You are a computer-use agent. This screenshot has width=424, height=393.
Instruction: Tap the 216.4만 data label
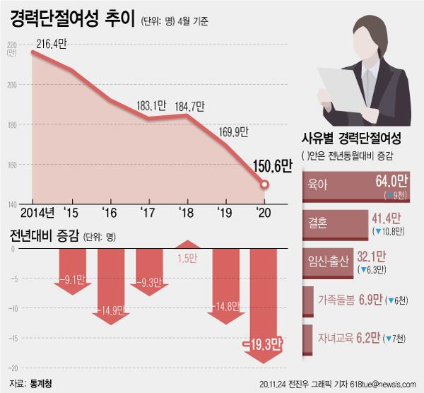point(50,45)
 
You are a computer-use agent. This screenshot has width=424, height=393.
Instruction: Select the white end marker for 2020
point(264,184)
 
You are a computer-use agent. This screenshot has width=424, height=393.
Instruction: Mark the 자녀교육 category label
point(336,339)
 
